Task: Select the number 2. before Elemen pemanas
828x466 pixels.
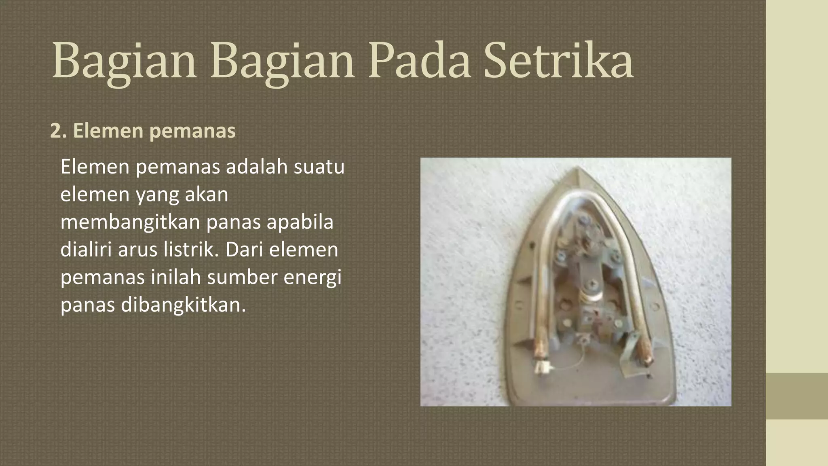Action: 58,131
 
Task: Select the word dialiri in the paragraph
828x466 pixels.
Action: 86,250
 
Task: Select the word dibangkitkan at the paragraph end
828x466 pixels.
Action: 183,305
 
